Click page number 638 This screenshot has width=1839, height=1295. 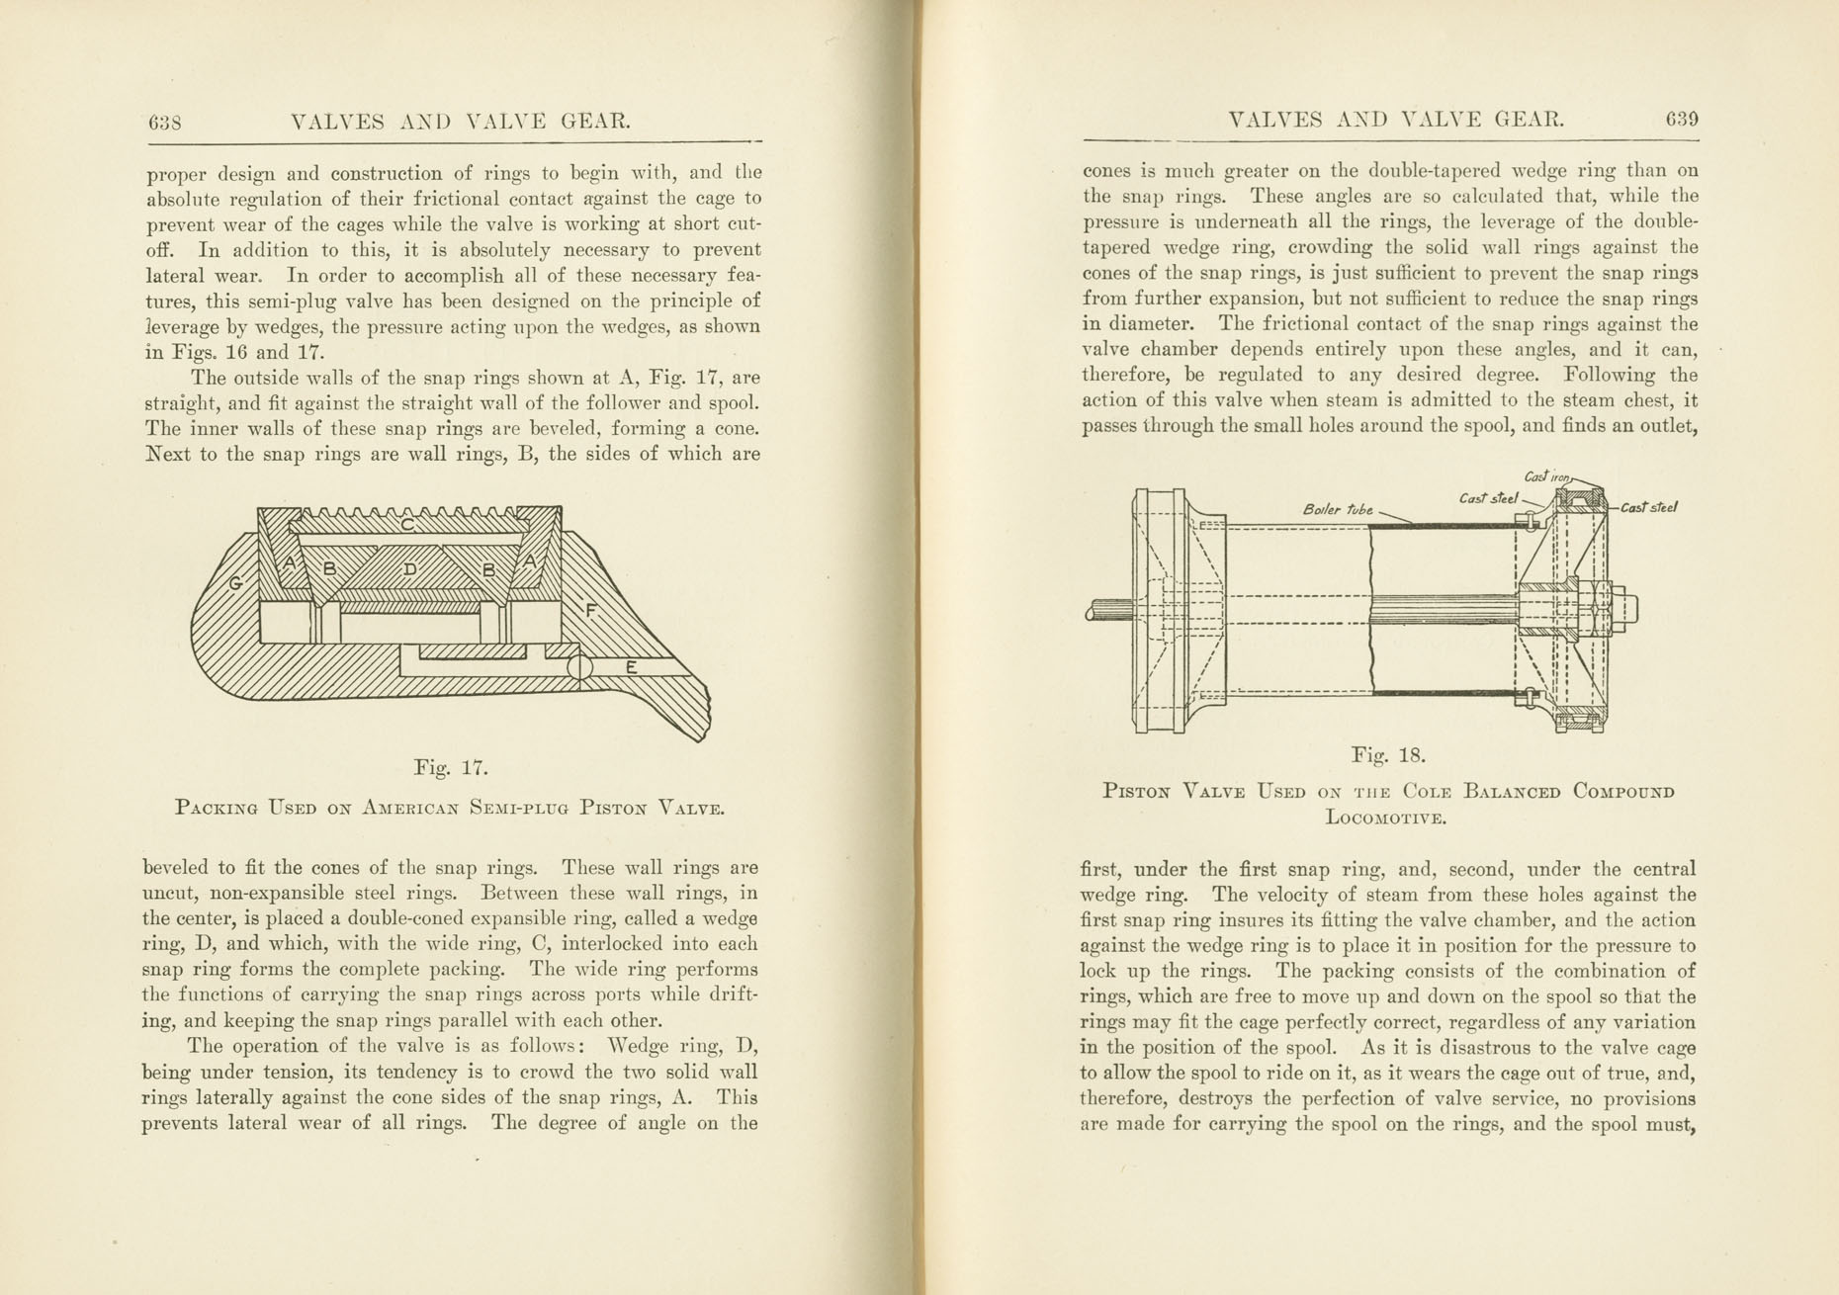[165, 123]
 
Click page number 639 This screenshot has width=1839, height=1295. [1682, 120]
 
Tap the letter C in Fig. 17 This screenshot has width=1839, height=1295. [408, 525]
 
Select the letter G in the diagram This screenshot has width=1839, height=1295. [236, 583]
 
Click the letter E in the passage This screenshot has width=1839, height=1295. [632, 667]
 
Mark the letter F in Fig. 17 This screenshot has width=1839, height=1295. [592, 611]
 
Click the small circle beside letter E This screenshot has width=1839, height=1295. [580, 668]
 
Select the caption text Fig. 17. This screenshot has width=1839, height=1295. [451, 767]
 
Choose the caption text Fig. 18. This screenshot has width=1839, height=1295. [1388, 756]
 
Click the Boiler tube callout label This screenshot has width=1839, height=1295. [1338, 510]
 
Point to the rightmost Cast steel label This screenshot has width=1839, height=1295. [1647, 508]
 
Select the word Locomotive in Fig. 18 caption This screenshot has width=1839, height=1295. [1386, 819]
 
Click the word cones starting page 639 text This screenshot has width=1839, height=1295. [1109, 170]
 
